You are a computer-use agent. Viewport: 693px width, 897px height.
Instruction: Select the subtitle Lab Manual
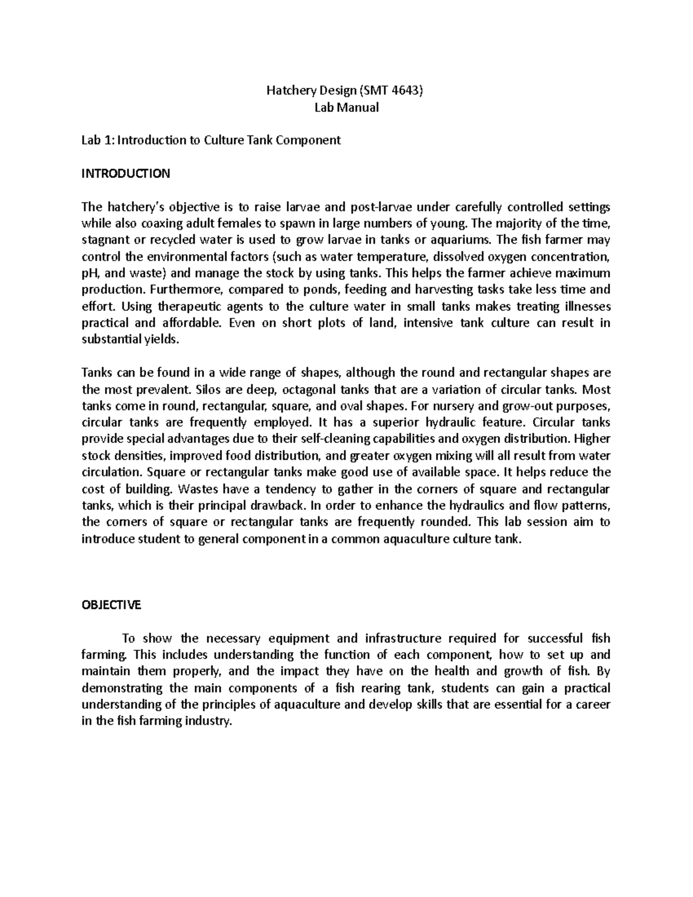346,107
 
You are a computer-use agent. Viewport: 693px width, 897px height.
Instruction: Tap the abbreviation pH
91,273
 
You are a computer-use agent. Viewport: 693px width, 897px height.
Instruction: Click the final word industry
207,721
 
